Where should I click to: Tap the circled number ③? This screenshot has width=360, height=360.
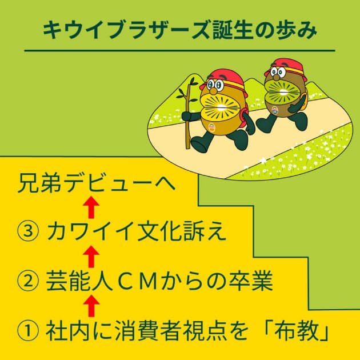coord(28,231)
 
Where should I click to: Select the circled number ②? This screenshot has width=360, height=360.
coord(28,281)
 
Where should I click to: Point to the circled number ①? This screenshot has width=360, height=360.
coord(28,331)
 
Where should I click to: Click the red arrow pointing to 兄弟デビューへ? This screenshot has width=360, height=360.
coord(91,207)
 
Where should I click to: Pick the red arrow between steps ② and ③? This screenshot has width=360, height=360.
coord(91,257)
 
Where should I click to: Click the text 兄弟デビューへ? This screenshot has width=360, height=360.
coord(97,183)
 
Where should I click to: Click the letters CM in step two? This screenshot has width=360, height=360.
coord(135,281)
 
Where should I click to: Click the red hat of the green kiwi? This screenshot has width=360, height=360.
coord(285,69)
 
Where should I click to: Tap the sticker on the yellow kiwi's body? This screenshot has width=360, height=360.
coord(211,127)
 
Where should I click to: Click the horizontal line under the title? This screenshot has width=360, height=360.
coord(180,50)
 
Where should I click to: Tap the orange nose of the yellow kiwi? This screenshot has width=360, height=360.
coord(213,91)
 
